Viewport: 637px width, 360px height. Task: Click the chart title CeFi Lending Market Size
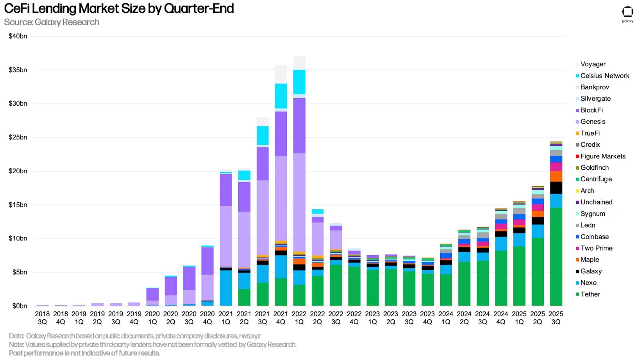118,9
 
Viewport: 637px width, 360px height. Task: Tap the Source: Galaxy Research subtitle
52,22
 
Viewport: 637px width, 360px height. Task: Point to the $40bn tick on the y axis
18,36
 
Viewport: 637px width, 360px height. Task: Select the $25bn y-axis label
18,137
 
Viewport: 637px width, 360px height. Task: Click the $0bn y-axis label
19,306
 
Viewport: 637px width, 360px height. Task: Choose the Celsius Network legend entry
604,76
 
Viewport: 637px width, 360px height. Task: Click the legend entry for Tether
590,294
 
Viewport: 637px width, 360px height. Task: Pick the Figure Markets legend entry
602,156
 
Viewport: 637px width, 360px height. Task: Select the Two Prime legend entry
596,248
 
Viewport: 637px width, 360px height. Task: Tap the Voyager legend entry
593,64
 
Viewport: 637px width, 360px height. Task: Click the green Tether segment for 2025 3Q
556,256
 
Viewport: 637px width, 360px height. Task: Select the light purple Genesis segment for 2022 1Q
299,202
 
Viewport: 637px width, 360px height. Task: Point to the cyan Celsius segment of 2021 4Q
281,96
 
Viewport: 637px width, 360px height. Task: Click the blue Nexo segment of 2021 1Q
226,287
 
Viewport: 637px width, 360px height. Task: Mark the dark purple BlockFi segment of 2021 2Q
244,197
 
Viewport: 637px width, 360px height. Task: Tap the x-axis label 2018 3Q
42,318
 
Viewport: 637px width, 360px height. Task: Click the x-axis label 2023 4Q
427,318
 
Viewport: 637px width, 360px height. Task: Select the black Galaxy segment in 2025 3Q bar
556,188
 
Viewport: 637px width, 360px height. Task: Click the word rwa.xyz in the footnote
250,336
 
